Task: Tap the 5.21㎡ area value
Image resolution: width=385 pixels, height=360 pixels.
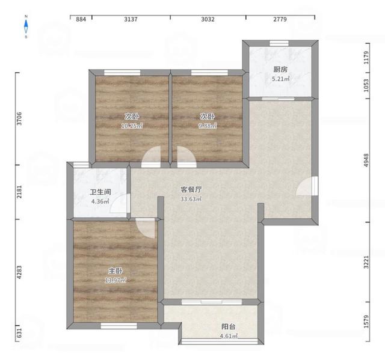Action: click(x=280, y=79)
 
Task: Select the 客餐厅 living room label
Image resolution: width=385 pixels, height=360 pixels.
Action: click(x=191, y=189)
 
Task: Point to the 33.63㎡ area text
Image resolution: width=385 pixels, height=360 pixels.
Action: click(x=191, y=199)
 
